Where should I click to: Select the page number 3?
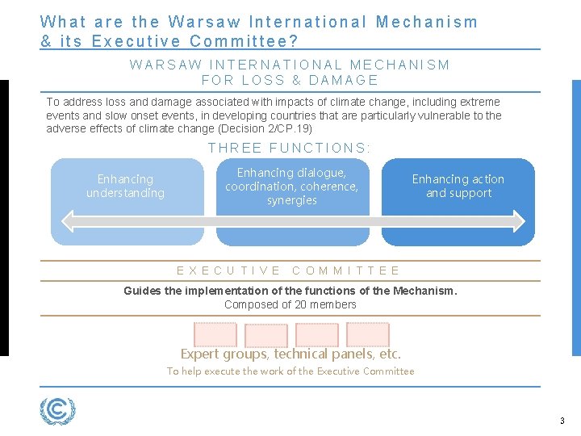pyautogui.click(x=562, y=421)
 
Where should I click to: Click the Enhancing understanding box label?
pyautogui.click(x=125, y=186)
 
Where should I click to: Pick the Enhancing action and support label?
pyautogui.click(x=458, y=186)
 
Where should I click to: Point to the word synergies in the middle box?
pyautogui.click(x=291, y=200)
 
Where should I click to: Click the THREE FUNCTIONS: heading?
pyautogui.click(x=290, y=148)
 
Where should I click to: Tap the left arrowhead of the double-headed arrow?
pyautogui.click(x=65, y=220)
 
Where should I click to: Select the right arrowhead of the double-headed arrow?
pyautogui.click(x=517, y=220)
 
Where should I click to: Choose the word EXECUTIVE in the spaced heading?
pyautogui.click(x=229, y=271)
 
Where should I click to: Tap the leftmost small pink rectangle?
pyautogui.click(x=215, y=334)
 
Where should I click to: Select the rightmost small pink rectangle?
pyautogui.click(x=368, y=334)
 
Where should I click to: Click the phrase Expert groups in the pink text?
pyautogui.click(x=224, y=354)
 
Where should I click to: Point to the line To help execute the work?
pyautogui.click(x=290, y=371)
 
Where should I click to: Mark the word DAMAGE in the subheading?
pyautogui.click(x=344, y=80)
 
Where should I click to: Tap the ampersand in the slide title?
pyautogui.click(x=46, y=40)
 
